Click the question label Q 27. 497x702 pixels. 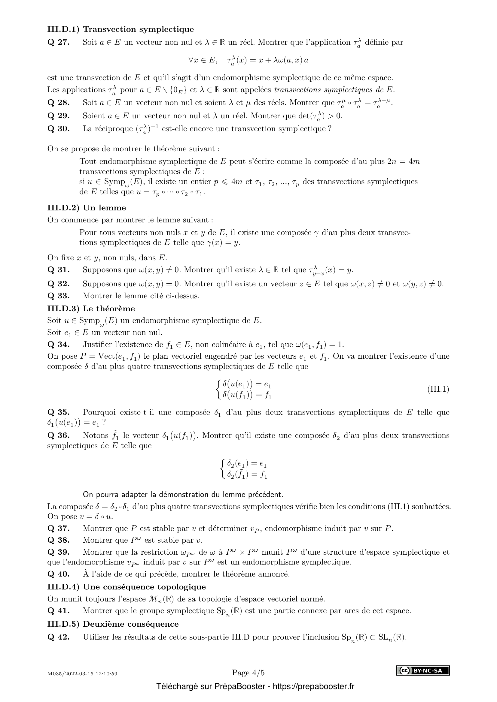(x=59, y=43)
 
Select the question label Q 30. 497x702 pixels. (x=59, y=129)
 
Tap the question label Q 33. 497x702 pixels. (x=59, y=296)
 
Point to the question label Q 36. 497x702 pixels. (x=59, y=435)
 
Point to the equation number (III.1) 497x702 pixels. (x=438, y=389)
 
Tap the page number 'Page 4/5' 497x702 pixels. (x=248, y=673)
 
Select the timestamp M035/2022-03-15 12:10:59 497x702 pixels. (x=82, y=673)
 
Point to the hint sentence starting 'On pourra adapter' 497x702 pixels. (x=183, y=494)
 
